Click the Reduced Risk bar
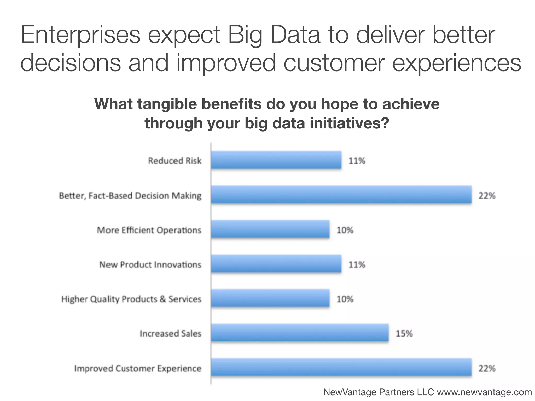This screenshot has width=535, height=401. pos(276,160)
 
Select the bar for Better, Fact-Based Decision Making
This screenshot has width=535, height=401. pos(341,194)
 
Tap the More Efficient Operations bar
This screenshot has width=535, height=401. pos(270,229)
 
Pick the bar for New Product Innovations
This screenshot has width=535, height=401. pos(276,264)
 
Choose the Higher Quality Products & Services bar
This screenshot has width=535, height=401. pos(270,298)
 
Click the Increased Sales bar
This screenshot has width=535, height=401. pos(300,333)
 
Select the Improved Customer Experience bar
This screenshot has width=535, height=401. pos(341,368)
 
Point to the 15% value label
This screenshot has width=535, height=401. pos(404,334)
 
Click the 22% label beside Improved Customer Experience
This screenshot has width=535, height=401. pos(487,368)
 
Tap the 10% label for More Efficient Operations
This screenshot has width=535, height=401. pos(345,230)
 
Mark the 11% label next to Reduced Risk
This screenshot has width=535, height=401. pos(357,161)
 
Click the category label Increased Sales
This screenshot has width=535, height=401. pos(170,334)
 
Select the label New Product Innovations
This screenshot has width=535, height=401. pos(150,265)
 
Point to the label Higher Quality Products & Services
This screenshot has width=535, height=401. pos(131,299)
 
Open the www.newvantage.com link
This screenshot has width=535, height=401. pos(484,392)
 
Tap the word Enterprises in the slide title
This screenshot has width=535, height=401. pos(80,35)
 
